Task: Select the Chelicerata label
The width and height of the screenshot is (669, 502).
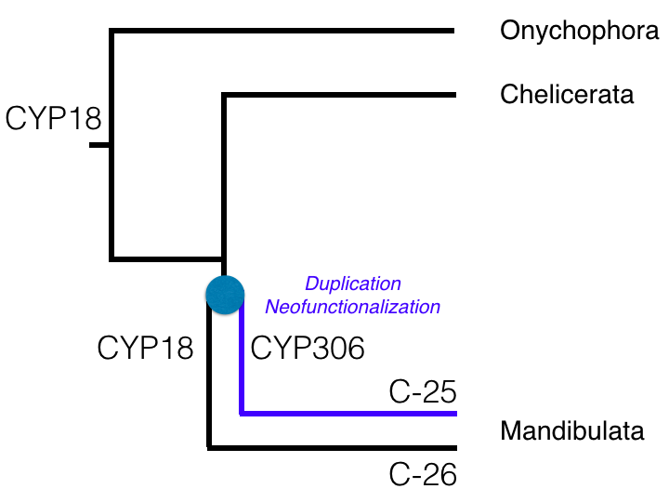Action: coord(567,94)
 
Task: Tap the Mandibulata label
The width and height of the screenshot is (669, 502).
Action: coord(572,431)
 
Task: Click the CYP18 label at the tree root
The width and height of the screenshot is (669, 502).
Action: coord(52,118)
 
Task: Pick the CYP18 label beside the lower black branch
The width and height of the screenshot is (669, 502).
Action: coord(146,348)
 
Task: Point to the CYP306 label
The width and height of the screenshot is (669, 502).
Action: coord(308,348)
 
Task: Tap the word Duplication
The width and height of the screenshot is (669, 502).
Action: coord(353,284)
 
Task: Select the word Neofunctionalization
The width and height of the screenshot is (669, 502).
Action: coord(353,305)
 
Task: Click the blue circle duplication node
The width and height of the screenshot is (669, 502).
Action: coord(225,294)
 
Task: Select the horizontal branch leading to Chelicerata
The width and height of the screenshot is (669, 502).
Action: coord(338,94)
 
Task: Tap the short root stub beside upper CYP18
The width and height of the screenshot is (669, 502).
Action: coord(99,145)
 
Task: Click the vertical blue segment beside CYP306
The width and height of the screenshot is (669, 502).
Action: coord(242,363)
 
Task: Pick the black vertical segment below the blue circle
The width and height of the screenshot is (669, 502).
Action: coord(209,381)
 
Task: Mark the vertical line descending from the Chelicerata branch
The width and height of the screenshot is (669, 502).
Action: coord(224,177)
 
